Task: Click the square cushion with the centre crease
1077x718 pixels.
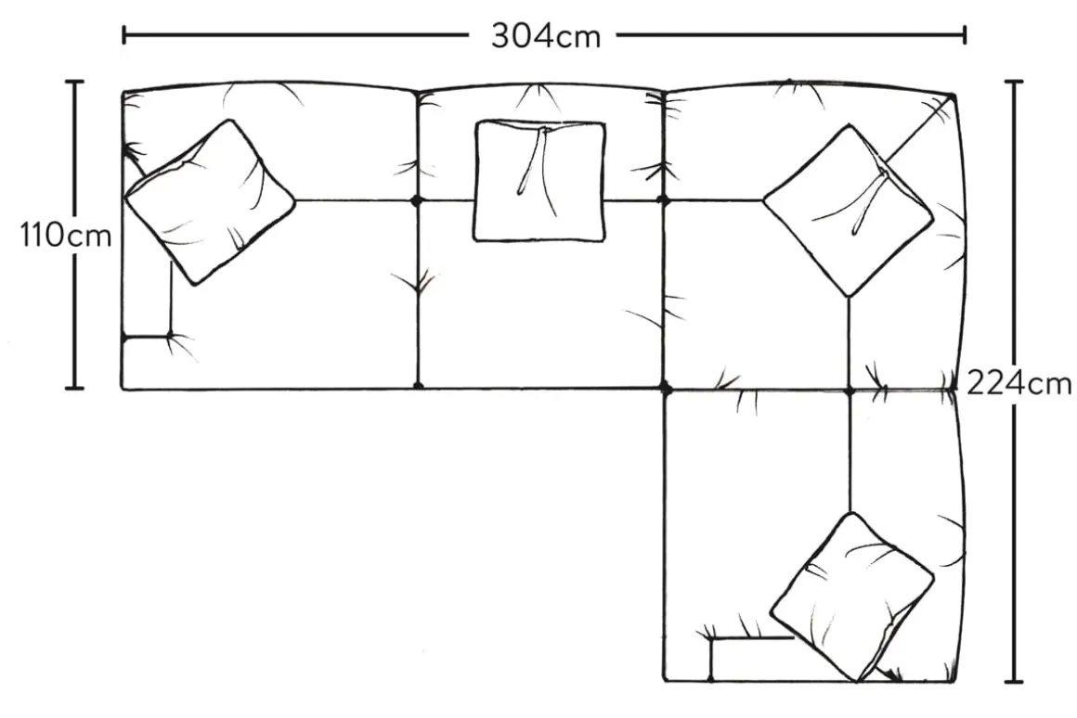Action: [539, 181]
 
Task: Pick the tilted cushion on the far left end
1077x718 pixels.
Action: [210, 201]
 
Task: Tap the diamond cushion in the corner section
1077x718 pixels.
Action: [848, 211]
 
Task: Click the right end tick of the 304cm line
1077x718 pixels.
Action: [966, 35]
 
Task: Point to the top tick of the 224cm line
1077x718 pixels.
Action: [1016, 83]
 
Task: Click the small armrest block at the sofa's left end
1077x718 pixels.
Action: [146, 362]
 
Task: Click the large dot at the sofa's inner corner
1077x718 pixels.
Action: [666, 388]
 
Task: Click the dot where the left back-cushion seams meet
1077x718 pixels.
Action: [417, 199]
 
